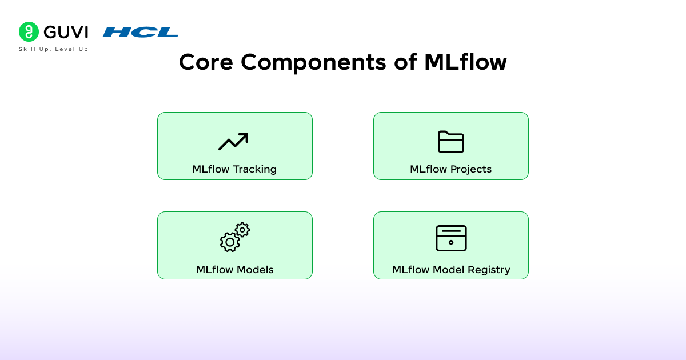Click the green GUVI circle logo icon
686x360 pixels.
tap(29, 31)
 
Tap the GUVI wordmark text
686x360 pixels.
tap(66, 32)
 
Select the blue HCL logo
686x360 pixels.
tap(141, 32)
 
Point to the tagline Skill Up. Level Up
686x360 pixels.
tap(54, 49)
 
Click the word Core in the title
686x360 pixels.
tap(205, 62)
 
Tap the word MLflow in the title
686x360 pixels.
tap(465, 62)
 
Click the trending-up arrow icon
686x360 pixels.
tap(233, 142)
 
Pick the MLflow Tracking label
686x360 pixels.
tap(234, 169)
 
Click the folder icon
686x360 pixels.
tap(451, 142)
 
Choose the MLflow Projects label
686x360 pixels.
tap(451, 169)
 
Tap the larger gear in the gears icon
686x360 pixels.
tap(229, 242)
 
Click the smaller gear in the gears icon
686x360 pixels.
tap(242, 230)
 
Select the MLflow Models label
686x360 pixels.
tap(235, 270)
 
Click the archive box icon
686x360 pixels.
tap(451, 238)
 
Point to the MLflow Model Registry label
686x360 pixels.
tap(451, 270)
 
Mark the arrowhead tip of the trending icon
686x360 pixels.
tap(246, 135)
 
